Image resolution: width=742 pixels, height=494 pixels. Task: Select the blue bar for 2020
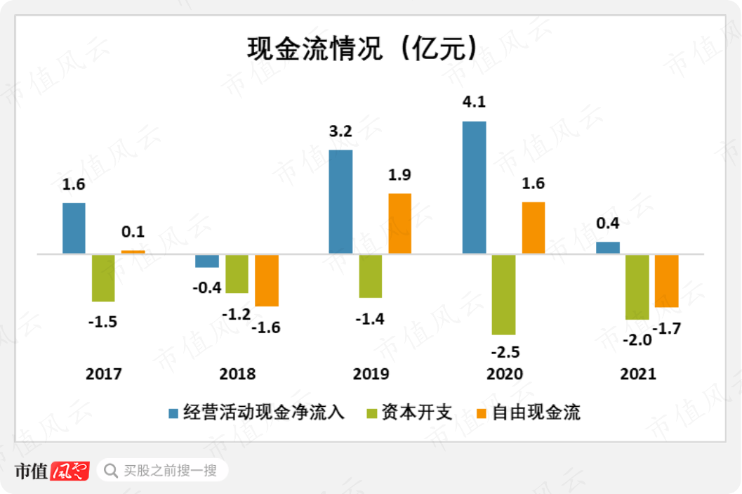474,187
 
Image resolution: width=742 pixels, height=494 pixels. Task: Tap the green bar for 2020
503,294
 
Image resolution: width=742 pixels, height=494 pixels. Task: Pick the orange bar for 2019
399,223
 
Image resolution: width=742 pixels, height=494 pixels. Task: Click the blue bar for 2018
207,261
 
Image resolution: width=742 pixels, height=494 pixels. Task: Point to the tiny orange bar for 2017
133,252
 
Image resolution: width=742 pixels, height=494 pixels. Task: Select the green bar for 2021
637,287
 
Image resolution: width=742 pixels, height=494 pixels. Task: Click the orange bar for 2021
666,280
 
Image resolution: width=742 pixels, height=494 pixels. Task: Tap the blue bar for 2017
74,228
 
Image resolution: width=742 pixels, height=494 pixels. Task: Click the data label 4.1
475,102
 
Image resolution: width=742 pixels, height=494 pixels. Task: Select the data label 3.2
340,131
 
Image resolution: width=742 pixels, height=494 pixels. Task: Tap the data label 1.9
399,175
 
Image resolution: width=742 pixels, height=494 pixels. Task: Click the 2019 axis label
371,374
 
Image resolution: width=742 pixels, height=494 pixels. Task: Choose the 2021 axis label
637,374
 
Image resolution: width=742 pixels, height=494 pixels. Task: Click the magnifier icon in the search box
110,469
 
